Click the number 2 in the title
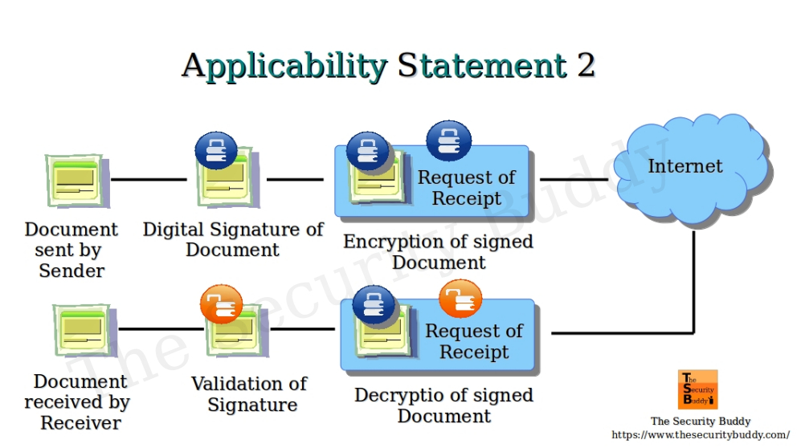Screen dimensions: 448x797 [585, 65]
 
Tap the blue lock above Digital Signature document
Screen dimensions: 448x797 [216, 150]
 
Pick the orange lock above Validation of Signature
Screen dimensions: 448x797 [221, 304]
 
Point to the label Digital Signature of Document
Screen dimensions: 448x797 [233, 239]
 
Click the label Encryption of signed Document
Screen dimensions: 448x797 [439, 252]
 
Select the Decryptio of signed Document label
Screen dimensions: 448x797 [443, 405]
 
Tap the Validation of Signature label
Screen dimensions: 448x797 [250, 394]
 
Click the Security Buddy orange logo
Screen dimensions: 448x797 [697, 389]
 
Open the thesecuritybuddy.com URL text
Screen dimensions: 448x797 [701, 435]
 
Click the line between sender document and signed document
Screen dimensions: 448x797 [149, 180]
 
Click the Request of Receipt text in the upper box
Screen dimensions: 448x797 [467, 188]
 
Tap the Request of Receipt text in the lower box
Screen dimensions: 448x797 [474, 341]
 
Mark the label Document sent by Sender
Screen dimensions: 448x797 [72, 250]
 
